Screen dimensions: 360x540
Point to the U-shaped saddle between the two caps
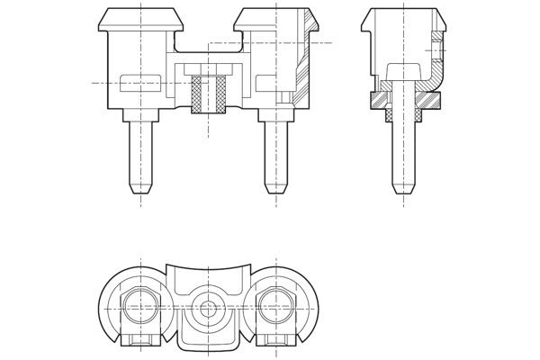pyautogui.click(x=208, y=49)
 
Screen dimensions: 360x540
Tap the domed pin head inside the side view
pyautogui.click(x=404, y=72)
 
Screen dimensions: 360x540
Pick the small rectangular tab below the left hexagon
pyautogui.click(x=141, y=342)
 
